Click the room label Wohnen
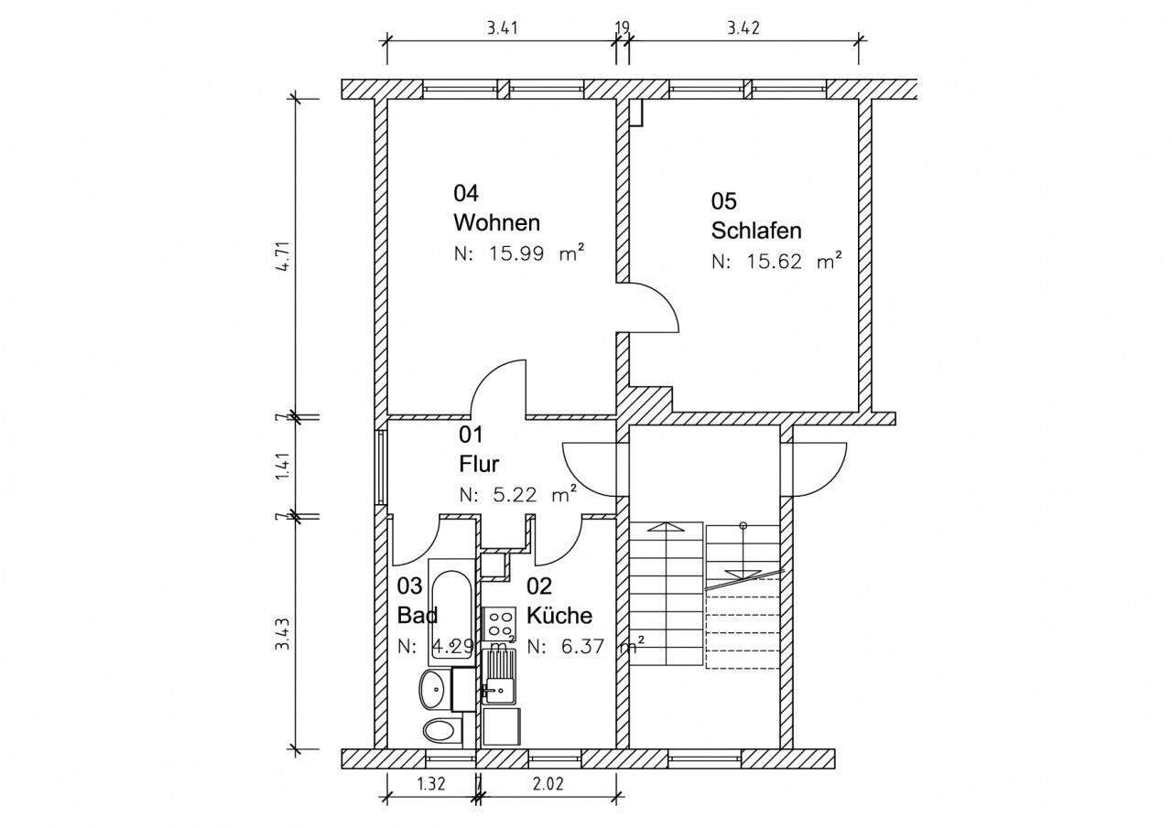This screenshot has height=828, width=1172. [496, 222]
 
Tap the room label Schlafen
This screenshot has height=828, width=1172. [756, 230]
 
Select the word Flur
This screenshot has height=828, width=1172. [479, 464]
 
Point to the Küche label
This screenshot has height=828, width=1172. [559, 616]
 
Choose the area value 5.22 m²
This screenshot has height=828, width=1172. [517, 495]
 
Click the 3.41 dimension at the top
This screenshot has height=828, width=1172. [503, 28]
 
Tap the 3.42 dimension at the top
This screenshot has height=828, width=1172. [743, 28]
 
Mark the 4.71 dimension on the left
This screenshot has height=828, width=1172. [285, 255]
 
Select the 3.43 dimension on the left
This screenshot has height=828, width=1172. [285, 635]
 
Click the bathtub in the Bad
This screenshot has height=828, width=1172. [450, 611]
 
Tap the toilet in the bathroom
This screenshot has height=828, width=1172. [442, 730]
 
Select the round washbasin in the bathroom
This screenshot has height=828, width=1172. [434, 687]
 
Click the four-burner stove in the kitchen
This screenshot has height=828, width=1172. [500, 624]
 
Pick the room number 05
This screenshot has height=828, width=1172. [723, 200]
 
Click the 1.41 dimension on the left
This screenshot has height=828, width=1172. [285, 467]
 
